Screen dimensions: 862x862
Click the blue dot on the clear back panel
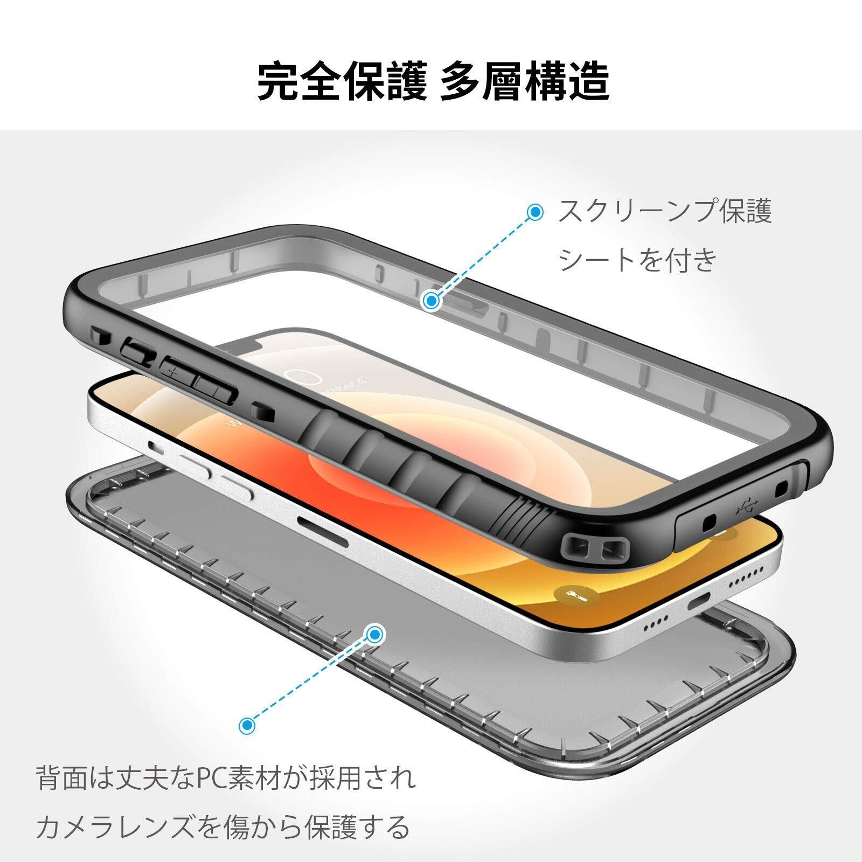click(x=375, y=634)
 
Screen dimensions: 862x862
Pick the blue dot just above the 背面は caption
click(x=247, y=726)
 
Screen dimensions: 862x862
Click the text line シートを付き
click(x=638, y=260)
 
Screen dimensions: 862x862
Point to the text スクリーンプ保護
click(x=665, y=211)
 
